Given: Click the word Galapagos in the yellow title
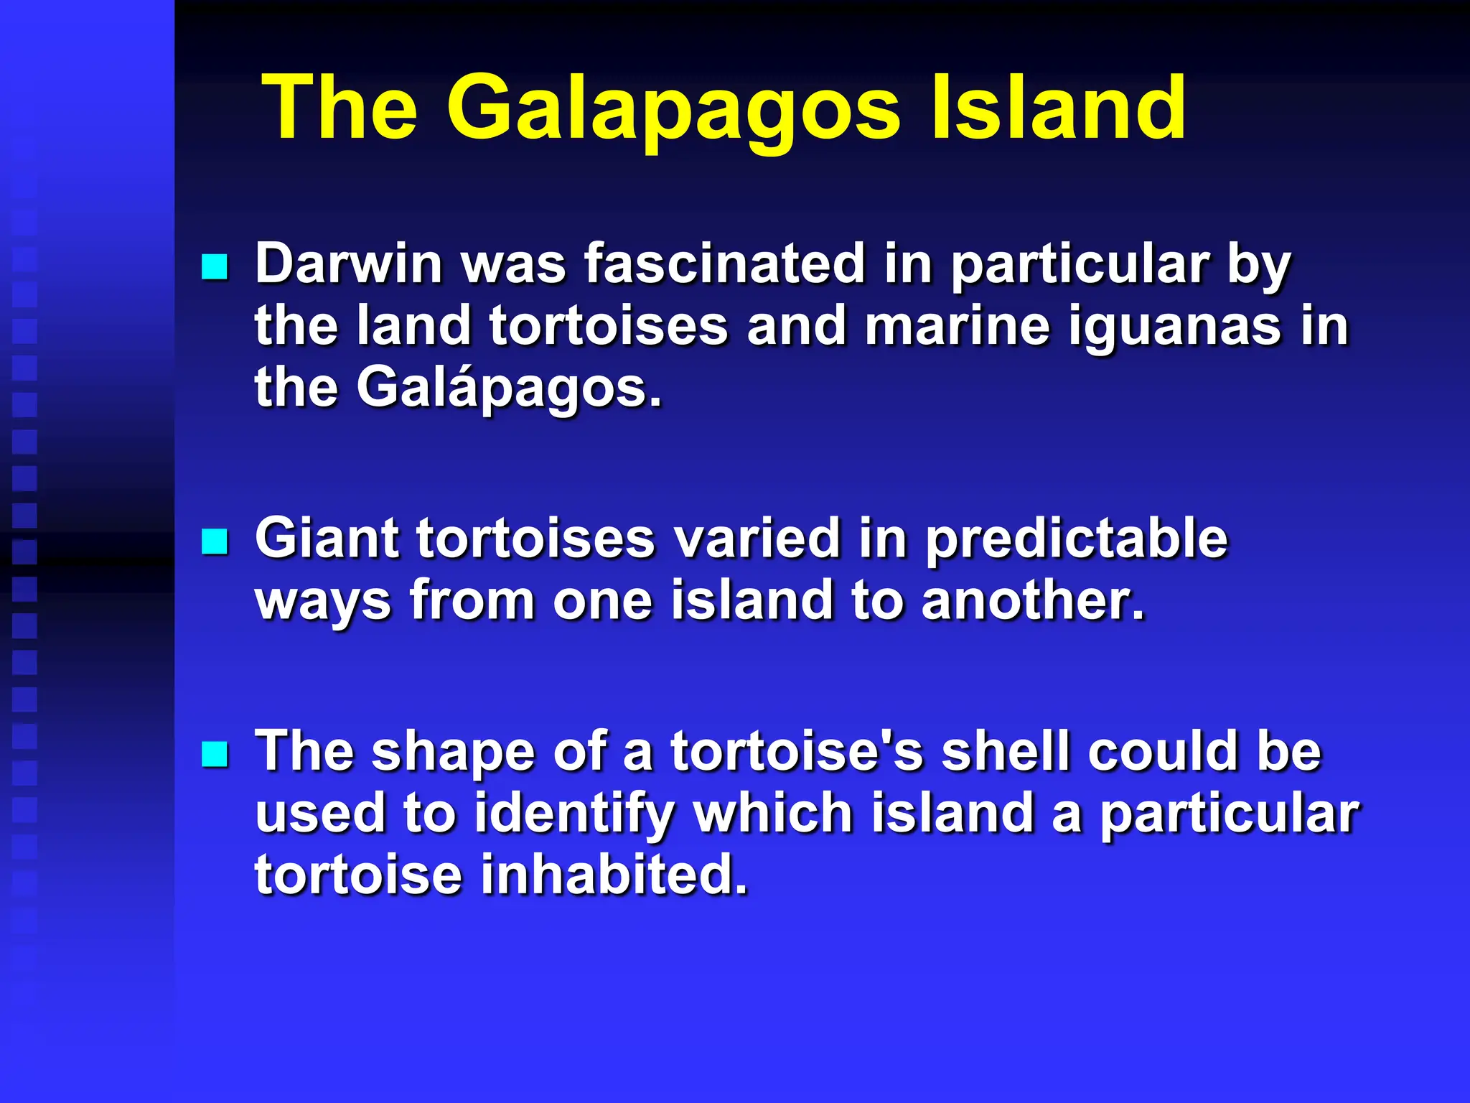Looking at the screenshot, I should (673, 109).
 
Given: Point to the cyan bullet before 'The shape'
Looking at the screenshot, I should (215, 754).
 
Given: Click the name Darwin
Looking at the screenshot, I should (349, 264).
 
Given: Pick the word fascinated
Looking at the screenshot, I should (724, 264).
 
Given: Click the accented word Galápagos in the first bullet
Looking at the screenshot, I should (508, 388).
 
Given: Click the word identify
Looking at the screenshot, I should (574, 814).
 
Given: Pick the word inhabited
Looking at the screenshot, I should (614, 875).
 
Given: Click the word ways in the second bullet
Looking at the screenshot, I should (323, 601).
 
